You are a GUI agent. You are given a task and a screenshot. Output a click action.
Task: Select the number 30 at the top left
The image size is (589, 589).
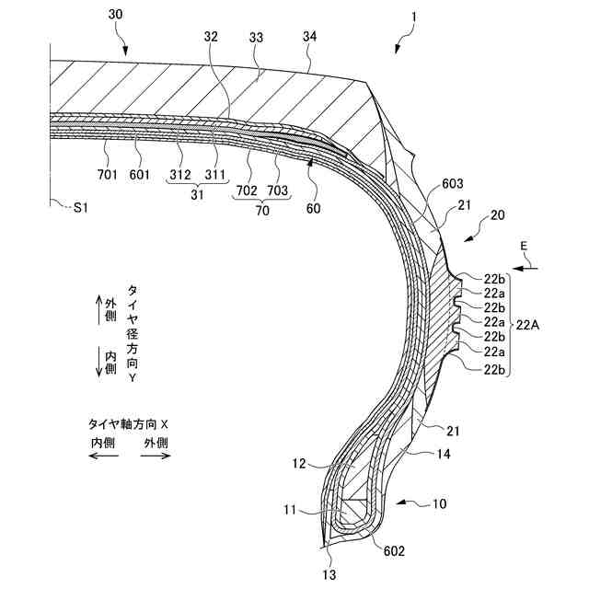coord(115,15)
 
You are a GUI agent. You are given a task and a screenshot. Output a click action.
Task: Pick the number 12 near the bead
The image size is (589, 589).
coord(300,465)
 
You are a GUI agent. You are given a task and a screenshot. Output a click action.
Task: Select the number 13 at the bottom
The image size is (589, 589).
coord(329,575)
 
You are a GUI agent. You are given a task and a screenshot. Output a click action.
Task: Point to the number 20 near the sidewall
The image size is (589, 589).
coord(497,215)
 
